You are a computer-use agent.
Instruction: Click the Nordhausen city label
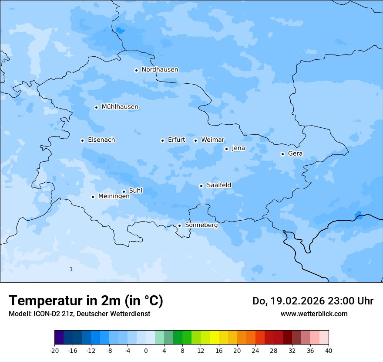pos(160,70)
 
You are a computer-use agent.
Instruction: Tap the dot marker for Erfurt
pos(162,140)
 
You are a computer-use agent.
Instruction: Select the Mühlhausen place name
pos(120,107)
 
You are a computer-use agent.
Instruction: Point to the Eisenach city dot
pos(82,140)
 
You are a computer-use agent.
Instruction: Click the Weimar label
pos(212,140)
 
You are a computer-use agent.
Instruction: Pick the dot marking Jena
pos(226,149)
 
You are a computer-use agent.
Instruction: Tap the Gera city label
pos(295,154)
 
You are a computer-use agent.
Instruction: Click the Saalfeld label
pos(218,185)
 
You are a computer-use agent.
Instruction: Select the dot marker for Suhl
pos(124,191)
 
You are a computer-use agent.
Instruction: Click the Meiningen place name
pos(114,197)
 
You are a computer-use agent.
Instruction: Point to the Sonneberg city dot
pos(179,225)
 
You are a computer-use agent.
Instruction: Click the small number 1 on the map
pos(71,270)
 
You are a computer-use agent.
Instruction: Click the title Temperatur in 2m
pos(86,301)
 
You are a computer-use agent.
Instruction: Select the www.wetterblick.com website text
pos(314,314)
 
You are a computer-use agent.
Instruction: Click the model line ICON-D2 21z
pos(79,314)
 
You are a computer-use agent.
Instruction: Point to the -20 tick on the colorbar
pos(54,350)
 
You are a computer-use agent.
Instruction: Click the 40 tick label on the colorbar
pos(328,350)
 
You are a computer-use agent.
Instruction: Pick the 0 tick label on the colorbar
pos(146,350)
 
